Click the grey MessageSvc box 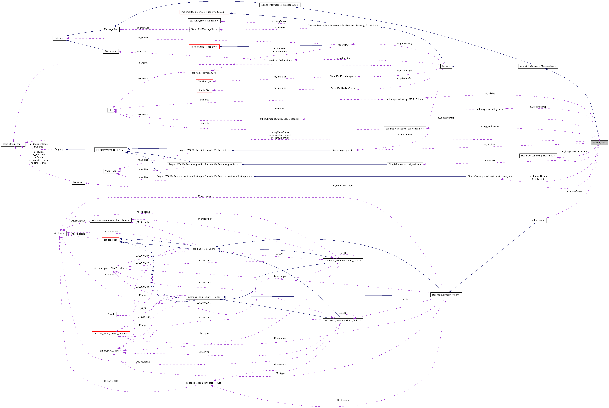(x=599, y=143)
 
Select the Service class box (x=446, y=66)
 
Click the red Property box (x=59, y=149)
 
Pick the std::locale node (x=59, y=233)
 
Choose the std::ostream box (x=538, y=220)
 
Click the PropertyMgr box (x=343, y=45)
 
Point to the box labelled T (x=110, y=110)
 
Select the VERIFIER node (x=110, y=171)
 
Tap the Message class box (x=78, y=182)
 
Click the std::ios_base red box (x=111, y=240)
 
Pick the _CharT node (x=111, y=314)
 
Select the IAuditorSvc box (x=204, y=90)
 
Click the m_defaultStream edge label (x=574, y=191)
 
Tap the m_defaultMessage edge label (x=343, y=185)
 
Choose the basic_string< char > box (x=13, y=144)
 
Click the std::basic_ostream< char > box (x=446, y=295)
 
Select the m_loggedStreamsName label (x=574, y=151)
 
